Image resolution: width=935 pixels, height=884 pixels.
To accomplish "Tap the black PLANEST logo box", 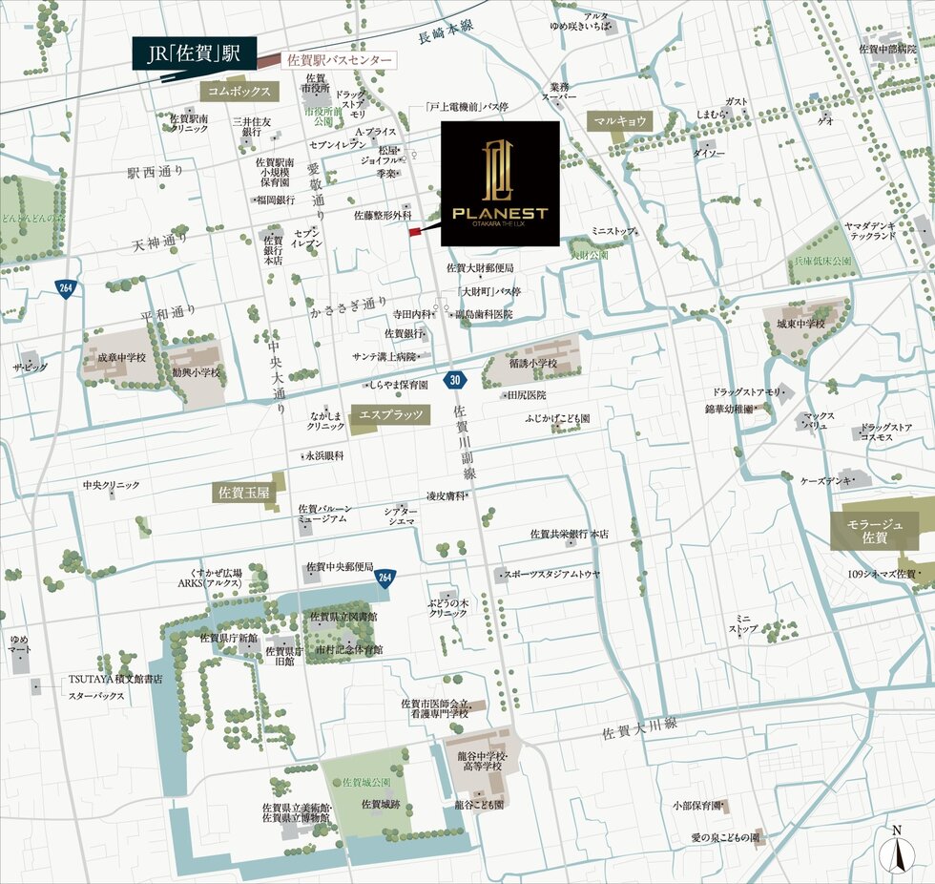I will click(x=500, y=183).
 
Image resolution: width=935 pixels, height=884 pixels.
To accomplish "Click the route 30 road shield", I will click(x=455, y=381).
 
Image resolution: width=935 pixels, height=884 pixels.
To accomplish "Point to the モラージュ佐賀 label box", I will click(x=874, y=531).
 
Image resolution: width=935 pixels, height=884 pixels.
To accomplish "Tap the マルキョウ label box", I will click(x=620, y=121).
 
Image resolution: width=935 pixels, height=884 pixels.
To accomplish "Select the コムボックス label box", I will click(x=239, y=91).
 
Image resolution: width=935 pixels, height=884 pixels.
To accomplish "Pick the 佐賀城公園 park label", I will click(x=364, y=782).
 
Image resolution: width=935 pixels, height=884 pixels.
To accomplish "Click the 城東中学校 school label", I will click(x=800, y=326).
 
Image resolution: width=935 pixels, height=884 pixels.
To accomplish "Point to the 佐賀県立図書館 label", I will click(x=343, y=617).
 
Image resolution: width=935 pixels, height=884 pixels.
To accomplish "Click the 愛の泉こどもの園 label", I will click(x=725, y=837).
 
